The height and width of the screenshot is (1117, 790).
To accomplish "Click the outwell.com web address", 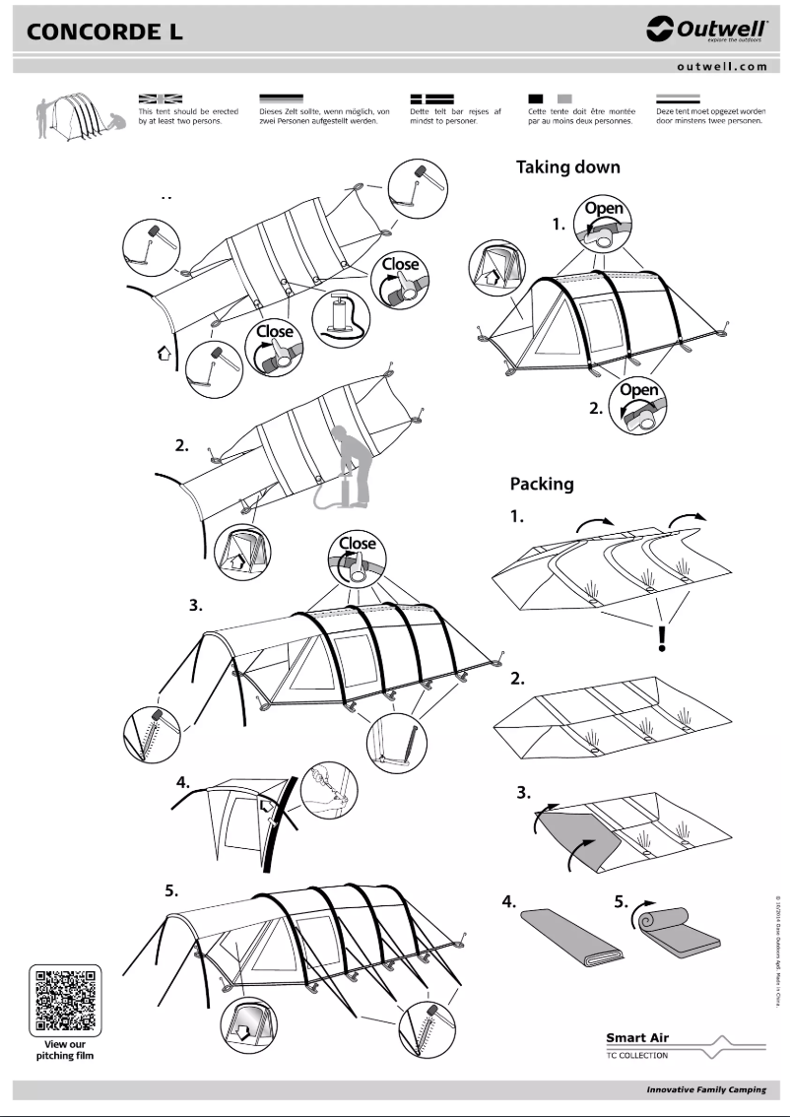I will coord(721,67).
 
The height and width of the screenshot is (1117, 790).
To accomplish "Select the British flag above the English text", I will coord(161,99).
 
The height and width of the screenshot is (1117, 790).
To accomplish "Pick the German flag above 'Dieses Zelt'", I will coord(280,99).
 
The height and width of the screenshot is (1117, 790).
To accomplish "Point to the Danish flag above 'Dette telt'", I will coord(430,99).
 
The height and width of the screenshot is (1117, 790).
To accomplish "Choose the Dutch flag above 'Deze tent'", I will coord(678,99).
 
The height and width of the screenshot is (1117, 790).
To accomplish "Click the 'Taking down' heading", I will coord(568,167).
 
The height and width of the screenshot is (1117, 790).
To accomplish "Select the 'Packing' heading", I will coord(541,484).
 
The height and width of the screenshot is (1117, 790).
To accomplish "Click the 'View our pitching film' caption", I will coord(66,1050).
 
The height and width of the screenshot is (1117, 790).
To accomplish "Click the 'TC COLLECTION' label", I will coord(636,1055).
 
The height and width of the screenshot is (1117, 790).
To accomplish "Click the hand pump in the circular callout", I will coord(340,314).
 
